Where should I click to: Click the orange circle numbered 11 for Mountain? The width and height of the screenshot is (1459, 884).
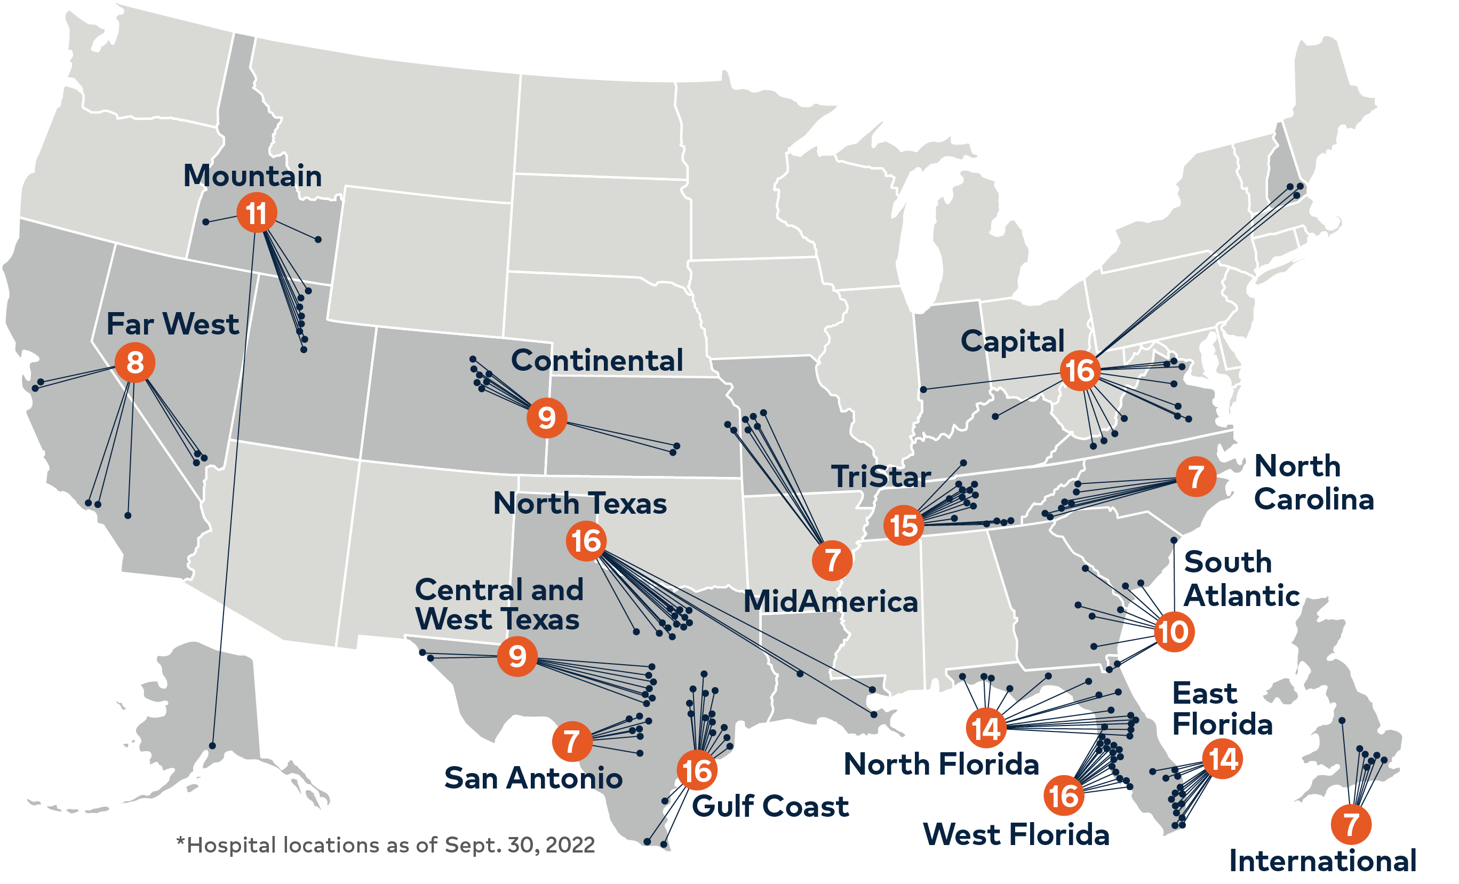pos(257,213)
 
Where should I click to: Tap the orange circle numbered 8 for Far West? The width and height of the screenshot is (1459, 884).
pos(135,362)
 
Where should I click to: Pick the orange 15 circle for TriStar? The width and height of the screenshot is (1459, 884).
pos(904,525)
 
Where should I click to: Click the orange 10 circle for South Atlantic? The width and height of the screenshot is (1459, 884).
pos(1174,632)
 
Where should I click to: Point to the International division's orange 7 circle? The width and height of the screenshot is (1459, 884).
pos(1351,824)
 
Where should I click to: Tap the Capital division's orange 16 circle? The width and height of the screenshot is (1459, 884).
pos(1080,371)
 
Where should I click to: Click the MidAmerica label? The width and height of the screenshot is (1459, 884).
pos(830,602)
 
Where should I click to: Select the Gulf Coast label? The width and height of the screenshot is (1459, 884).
pos(770,807)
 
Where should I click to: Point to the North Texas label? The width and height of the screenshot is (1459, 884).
pos(580,503)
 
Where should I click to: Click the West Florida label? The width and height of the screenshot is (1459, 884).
pos(1016,835)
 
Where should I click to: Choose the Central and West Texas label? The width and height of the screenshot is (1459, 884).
pos(499,604)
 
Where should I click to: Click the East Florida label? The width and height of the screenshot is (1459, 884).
pos(1222,708)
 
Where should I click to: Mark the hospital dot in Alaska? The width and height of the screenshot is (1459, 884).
pos(212,746)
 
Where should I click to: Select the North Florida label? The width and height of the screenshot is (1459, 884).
pos(941,764)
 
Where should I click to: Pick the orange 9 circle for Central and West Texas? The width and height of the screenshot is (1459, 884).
pos(517,656)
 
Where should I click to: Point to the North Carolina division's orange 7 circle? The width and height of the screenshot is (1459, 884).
pos(1196,476)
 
